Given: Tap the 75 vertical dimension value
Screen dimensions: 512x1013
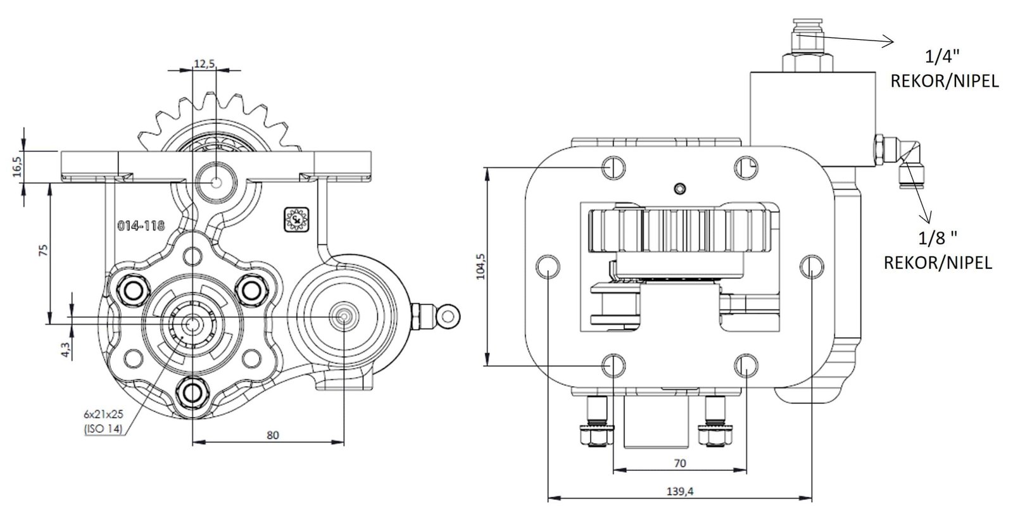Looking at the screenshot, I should [42, 251].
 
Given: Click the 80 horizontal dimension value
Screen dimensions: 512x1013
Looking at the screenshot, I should [273, 435].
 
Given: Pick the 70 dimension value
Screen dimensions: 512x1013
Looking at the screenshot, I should [679, 463].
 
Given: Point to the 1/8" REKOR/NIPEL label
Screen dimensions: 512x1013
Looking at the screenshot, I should [937, 251].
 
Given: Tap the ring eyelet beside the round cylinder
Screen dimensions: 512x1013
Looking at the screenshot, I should [450, 315].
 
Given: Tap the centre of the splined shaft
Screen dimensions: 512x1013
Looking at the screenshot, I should [191, 323].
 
